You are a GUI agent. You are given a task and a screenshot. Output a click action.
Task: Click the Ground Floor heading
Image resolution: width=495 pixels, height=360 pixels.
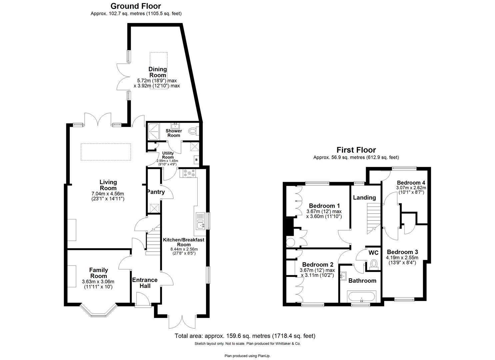[136, 6]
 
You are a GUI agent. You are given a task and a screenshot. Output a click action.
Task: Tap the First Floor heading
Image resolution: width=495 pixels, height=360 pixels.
[356, 150]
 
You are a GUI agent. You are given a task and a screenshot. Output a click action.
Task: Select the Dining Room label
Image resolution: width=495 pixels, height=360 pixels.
[158, 72]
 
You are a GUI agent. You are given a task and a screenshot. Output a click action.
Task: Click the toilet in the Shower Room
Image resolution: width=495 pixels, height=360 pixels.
[193, 131]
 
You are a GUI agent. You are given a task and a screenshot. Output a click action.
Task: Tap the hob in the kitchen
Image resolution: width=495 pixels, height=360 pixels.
[188, 173]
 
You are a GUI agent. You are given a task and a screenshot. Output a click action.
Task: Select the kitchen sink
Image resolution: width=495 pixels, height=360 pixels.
[200, 221]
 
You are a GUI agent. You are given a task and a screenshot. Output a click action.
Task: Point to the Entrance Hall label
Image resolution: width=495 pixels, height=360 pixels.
[145, 283]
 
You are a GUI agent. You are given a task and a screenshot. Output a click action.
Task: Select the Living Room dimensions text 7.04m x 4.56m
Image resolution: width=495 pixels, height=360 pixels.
[108, 194]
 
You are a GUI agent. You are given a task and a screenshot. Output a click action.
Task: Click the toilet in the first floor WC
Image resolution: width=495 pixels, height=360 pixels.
[374, 264]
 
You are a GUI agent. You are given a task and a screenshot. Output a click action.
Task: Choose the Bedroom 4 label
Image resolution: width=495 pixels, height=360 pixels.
[411, 183]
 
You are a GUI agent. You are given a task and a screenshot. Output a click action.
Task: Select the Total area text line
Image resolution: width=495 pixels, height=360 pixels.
[245, 336]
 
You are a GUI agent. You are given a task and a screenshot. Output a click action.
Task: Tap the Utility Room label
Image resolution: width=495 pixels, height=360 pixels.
[168, 155]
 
